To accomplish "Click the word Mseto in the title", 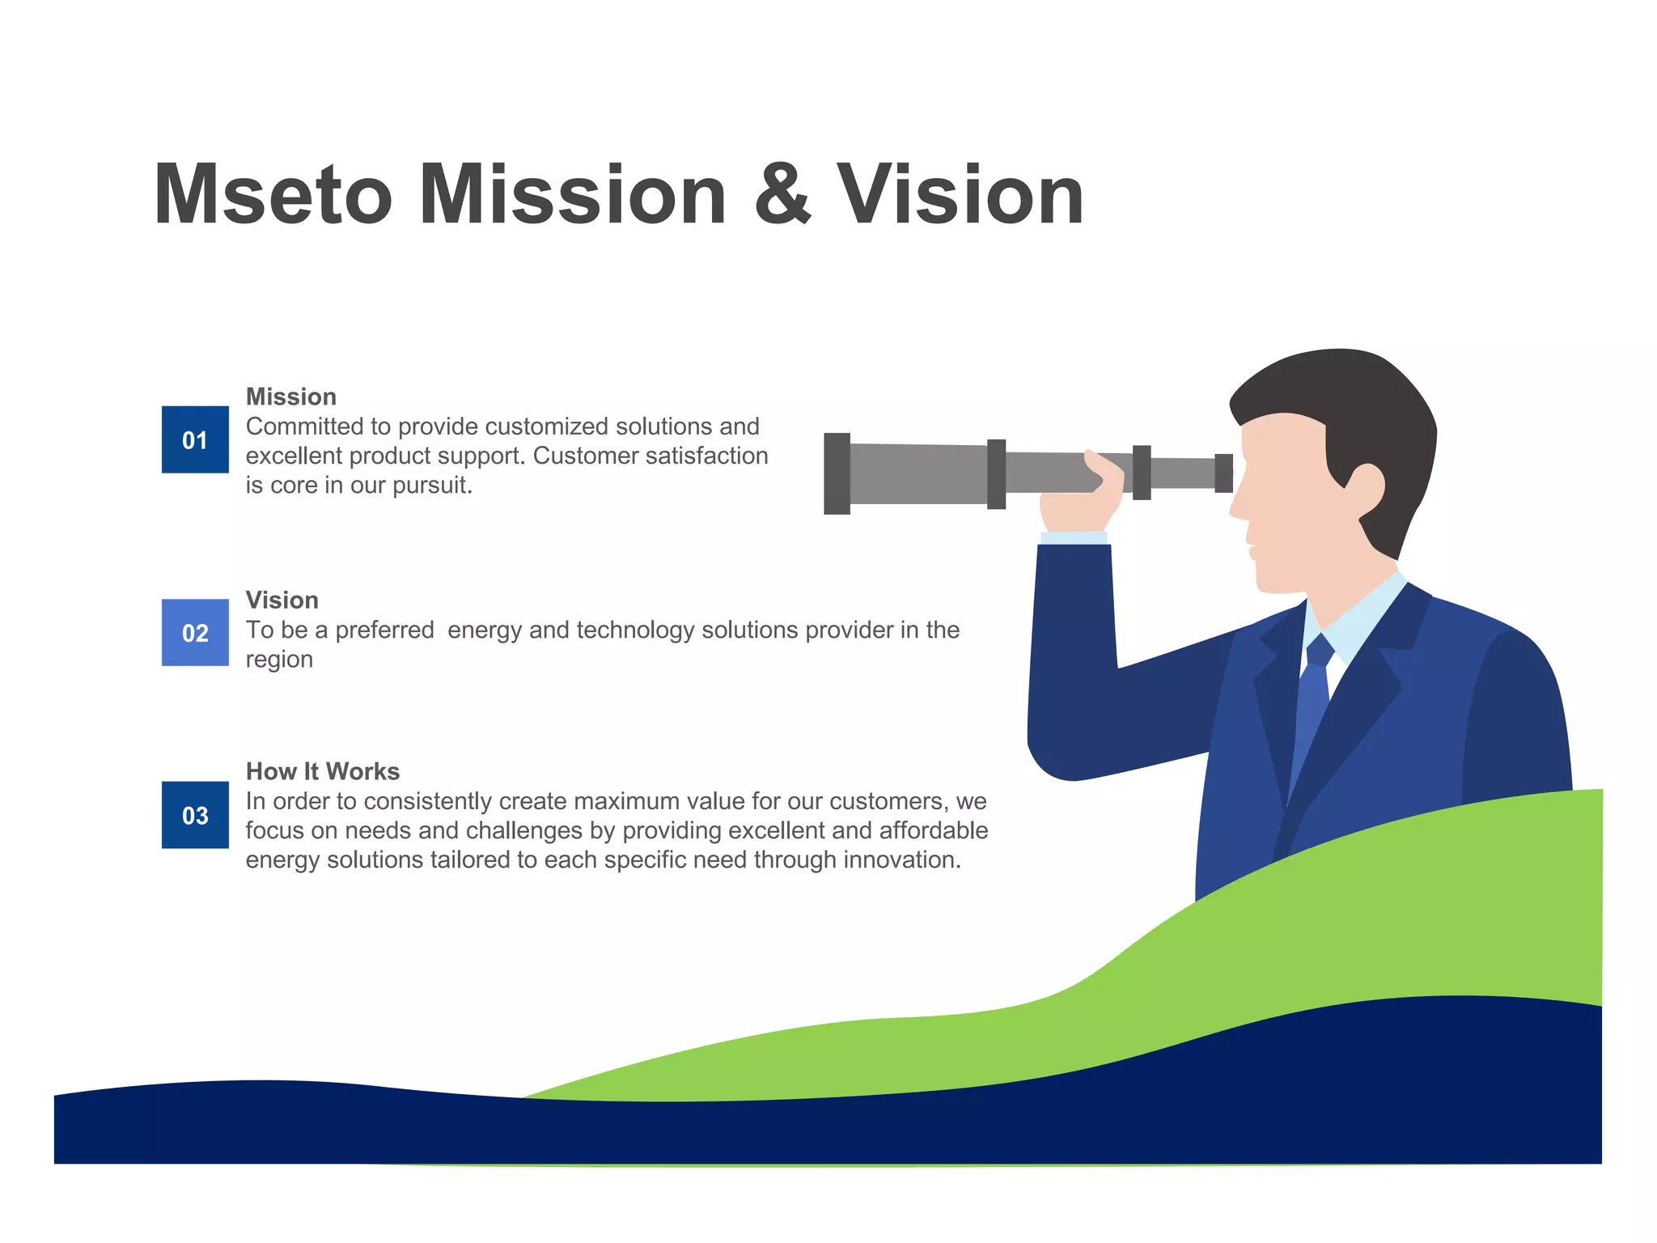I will pos(273,195).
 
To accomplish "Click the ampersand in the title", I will pos(782,195).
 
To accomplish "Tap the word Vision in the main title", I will pos(960,195).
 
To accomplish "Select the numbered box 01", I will pos(195,439).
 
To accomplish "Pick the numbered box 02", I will pos(195,633).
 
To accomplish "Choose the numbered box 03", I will pos(195,815).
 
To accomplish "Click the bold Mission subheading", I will pos(291,397).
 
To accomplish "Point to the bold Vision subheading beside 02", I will pos(282,600).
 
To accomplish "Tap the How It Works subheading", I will pos(323,771).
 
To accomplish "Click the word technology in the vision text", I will pos(635,630).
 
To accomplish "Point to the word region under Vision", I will pos(279,660).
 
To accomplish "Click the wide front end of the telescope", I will pos(837,473).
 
